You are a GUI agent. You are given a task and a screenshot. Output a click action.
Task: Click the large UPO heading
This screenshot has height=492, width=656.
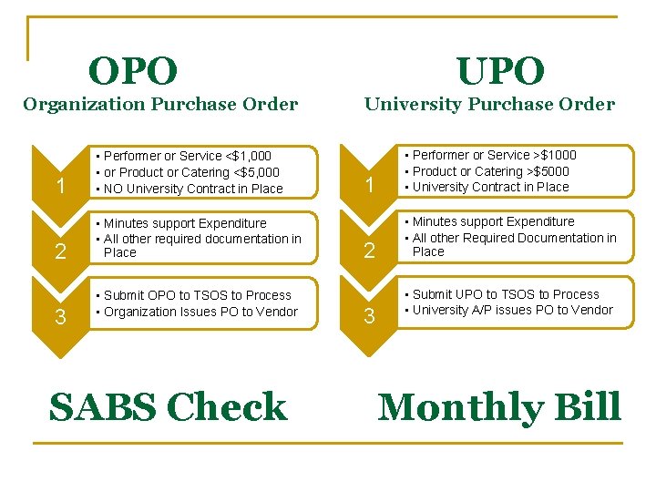(x=500, y=71)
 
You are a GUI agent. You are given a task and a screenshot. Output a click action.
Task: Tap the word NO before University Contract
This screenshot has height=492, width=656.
(x=114, y=189)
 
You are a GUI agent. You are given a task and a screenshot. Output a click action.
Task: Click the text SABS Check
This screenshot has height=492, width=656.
(x=168, y=407)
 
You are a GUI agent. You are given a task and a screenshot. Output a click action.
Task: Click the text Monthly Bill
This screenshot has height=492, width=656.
(x=499, y=407)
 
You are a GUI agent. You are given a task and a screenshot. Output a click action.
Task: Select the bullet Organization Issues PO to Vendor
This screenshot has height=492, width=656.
(x=200, y=312)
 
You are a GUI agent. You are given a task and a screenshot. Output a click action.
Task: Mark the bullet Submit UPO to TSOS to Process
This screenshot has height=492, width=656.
(x=506, y=294)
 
